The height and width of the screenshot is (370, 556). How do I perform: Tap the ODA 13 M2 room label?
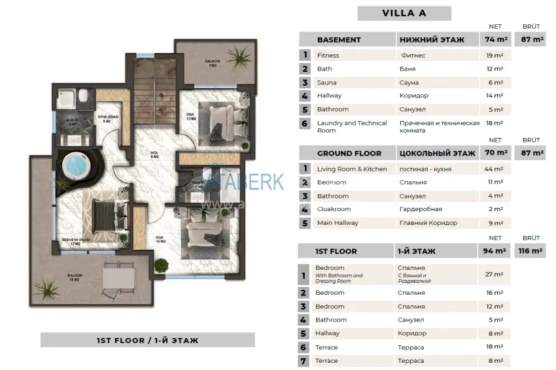click(191, 116)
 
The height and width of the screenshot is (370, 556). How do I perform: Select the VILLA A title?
click(404, 13)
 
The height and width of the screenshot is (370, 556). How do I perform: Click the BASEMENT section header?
click(339, 40)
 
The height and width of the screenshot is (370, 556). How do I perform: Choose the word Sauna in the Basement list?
click(327, 83)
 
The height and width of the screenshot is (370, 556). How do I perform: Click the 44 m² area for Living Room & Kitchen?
click(495, 169)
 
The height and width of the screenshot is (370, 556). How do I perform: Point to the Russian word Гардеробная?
click(421, 209)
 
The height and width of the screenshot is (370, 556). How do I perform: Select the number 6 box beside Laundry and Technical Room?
click(304, 123)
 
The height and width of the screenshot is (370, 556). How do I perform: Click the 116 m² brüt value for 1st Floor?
click(529, 251)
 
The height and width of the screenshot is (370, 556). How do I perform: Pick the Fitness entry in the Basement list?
click(328, 56)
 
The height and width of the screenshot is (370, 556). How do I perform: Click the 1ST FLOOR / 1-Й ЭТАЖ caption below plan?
click(147, 340)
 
